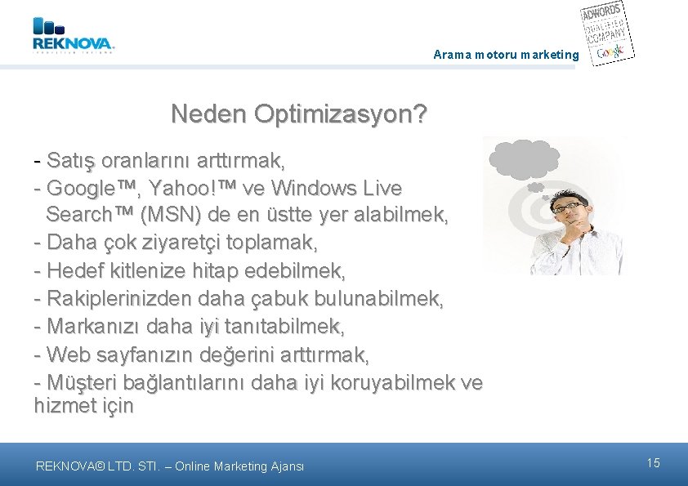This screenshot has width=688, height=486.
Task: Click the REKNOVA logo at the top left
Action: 74,36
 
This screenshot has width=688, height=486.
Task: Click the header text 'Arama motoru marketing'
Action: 506,56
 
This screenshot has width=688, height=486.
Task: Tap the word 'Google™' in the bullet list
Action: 92,189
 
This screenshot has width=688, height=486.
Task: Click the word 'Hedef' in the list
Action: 74,270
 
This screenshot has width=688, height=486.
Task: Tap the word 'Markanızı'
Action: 92,327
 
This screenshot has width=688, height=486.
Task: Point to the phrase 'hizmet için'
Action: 83,406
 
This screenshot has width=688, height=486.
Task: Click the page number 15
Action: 653,463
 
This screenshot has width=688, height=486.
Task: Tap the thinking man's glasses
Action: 569,207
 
